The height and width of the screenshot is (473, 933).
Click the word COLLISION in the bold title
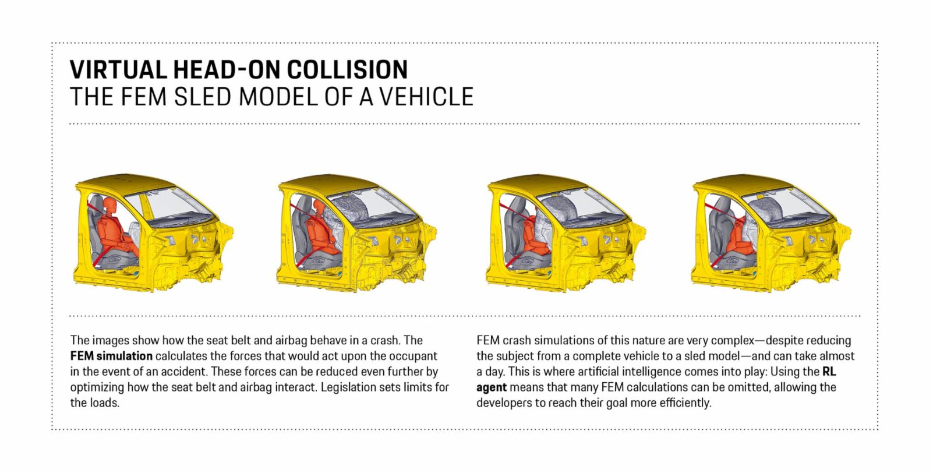tap(347, 69)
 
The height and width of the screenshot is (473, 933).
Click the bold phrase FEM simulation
tap(111, 356)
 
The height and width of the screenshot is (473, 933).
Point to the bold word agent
tap(492, 387)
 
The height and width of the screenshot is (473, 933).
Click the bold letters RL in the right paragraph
tap(829, 371)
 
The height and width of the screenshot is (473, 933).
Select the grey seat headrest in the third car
tap(518, 205)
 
